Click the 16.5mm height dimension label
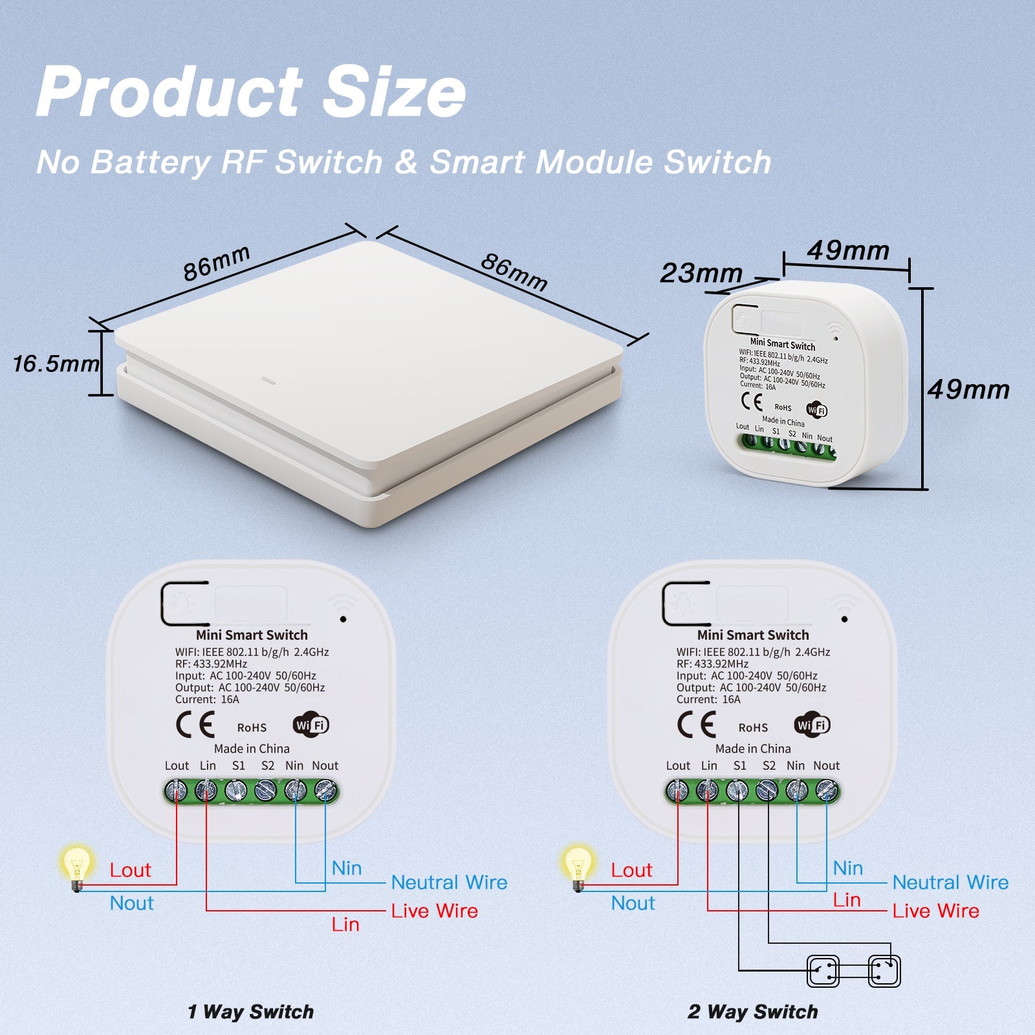(56, 364)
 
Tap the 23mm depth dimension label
(701, 273)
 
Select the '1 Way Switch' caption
(250, 1011)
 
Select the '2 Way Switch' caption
(752, 1011)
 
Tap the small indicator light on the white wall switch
(268, 379)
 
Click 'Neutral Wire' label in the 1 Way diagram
(449, 882)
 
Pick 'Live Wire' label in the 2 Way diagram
(935, 911)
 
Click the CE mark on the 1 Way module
(195, 724)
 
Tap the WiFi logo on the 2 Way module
(812, 725)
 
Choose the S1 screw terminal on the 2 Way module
(737, 790)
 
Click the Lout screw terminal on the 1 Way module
(177, 790)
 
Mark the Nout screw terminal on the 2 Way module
(827, 790)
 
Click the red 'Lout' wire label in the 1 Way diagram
(130, 870)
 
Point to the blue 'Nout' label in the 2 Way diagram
(633, 903)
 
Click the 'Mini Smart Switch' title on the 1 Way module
(252, 635)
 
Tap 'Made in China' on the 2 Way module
(753, 748)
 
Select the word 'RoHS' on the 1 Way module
(252, 728)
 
